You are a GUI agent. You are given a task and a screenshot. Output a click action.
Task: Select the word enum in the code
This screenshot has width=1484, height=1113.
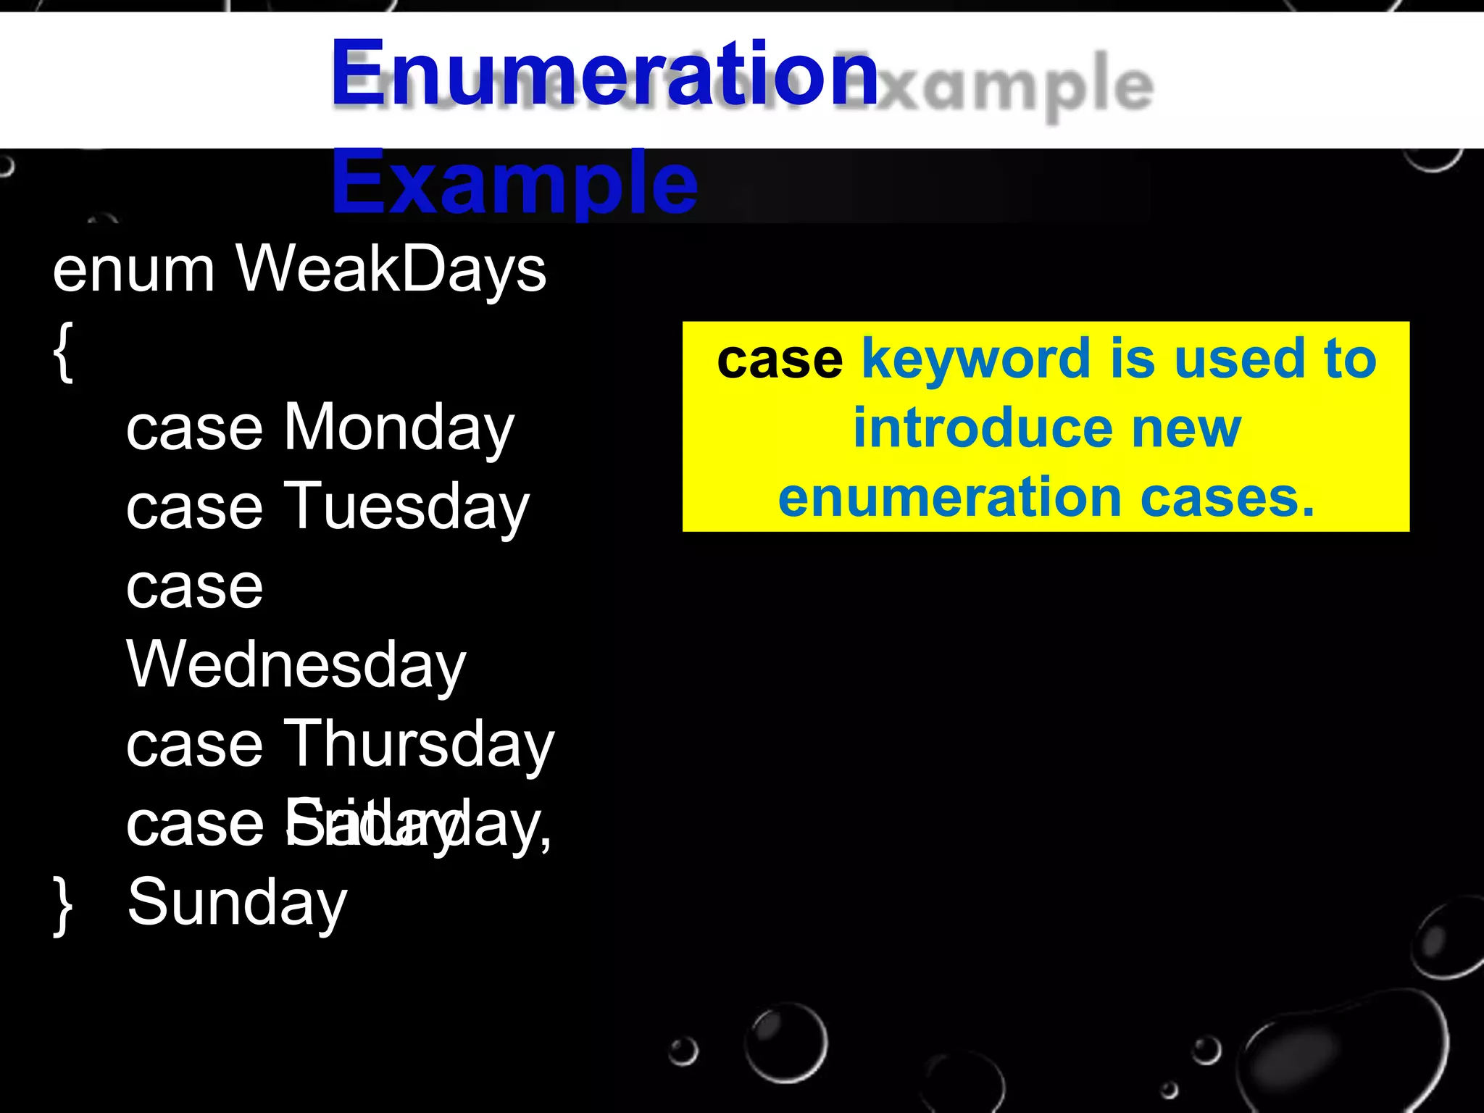pos(133,270)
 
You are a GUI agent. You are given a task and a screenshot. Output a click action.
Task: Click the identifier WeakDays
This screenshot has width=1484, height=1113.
pos(391,270)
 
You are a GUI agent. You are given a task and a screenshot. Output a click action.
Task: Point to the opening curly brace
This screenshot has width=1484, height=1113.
pos(63,352)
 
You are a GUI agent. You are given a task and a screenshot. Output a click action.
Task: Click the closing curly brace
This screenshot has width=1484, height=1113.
pos(63,906)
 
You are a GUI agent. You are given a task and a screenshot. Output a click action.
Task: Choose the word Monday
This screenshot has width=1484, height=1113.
pos(399,429)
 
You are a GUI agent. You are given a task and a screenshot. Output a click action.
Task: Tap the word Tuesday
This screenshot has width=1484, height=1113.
pos(407,507)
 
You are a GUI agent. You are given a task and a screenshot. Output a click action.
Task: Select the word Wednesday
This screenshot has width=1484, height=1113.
pos(296,665)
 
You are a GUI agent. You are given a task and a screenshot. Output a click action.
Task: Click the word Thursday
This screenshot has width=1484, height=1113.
pos(418,745)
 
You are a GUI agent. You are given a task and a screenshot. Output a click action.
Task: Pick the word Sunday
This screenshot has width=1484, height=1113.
pos(238,903)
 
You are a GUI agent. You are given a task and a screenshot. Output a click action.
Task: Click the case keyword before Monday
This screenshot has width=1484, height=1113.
pos(194,429)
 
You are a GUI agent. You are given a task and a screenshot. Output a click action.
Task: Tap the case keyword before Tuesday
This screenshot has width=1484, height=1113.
pos(194,507)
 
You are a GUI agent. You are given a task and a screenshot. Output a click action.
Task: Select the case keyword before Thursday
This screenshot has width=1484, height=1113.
pos(194,745)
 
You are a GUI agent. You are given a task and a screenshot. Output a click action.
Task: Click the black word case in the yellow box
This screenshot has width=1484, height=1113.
pos(780,359)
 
